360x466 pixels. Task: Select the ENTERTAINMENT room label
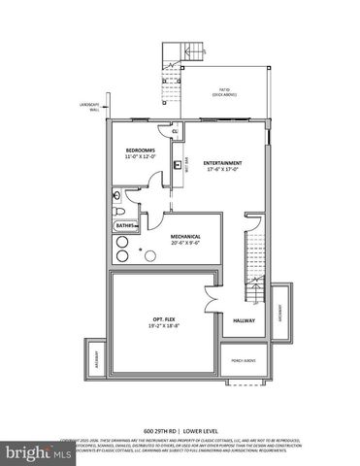tap(223, 162)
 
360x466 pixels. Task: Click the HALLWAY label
tap(244, 319)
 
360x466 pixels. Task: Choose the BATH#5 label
tap(124, 228)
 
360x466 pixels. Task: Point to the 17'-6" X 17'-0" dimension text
tap(224, 170)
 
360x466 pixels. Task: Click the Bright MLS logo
tap(29, 452)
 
